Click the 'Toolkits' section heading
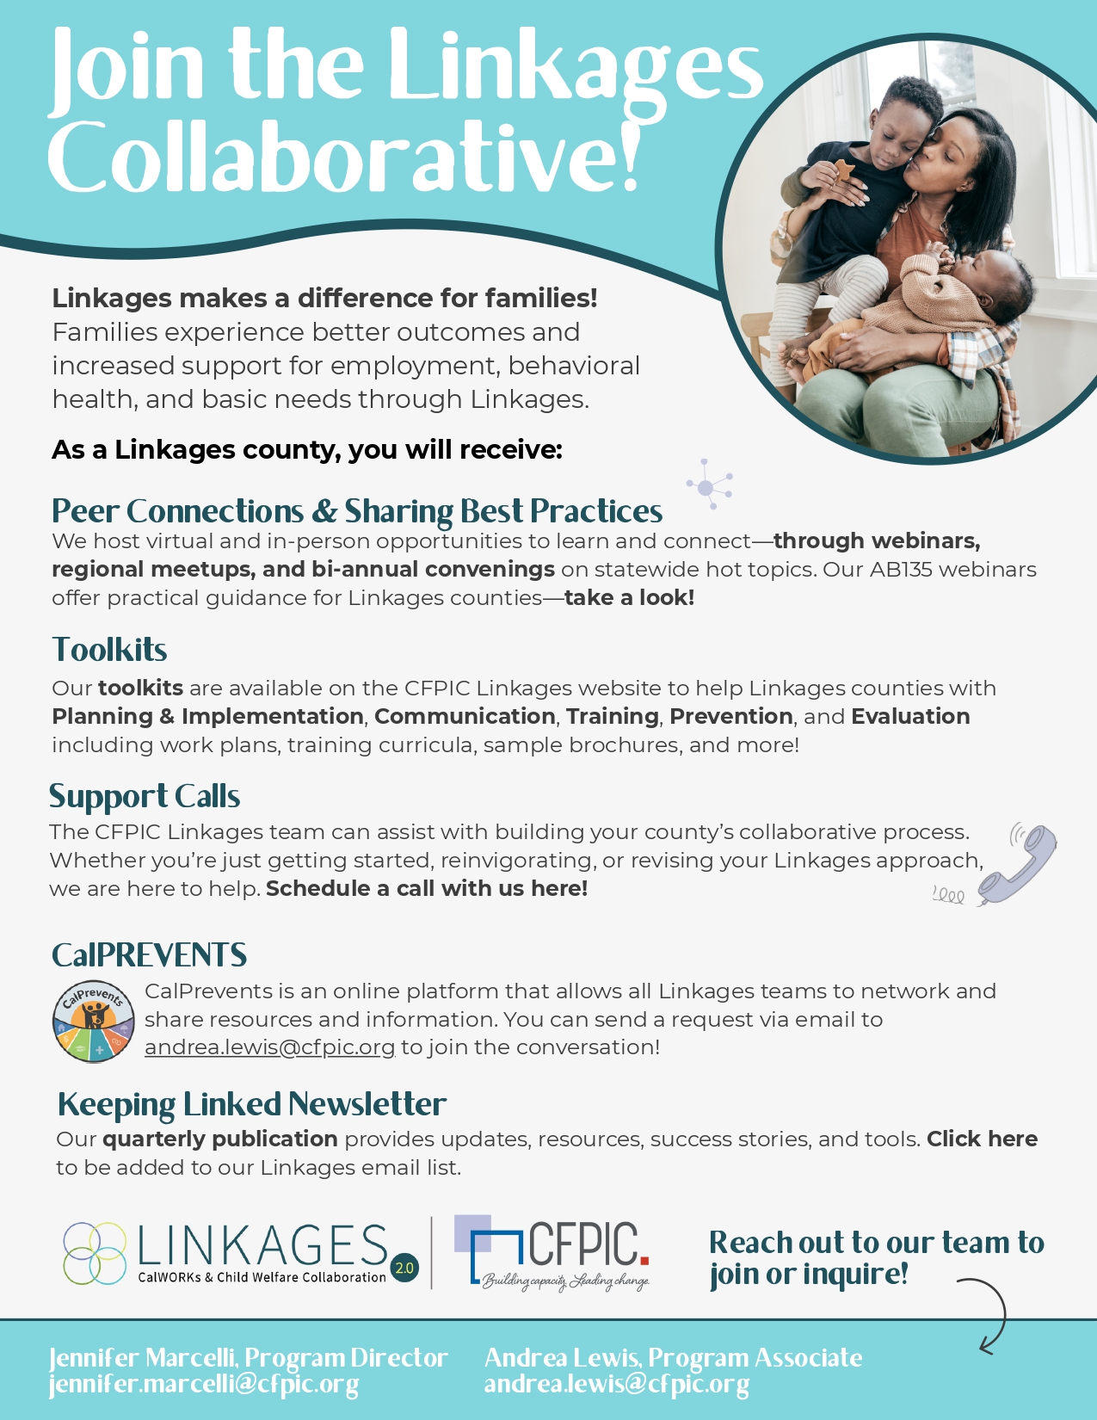pos(109,650)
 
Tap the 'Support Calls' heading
pos(145,797)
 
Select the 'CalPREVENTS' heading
pos(149,955)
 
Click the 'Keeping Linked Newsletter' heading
pos(251,1104)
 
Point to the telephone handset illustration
pos(1019,863)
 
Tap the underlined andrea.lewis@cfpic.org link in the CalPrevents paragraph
pos(269,1047)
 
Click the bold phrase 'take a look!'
pos(629,598)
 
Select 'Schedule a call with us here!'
pos(427,889)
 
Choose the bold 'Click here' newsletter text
pos(982,1139)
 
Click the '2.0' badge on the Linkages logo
pos(404,1268)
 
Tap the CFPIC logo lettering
pos(585,1244)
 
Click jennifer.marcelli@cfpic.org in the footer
pos(204,1385)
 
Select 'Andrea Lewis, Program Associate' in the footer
pos(673,1358)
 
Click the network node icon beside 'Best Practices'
pos(708,486)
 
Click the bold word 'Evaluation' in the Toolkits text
pos(910,717)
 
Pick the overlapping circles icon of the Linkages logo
pos(95,1253)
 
